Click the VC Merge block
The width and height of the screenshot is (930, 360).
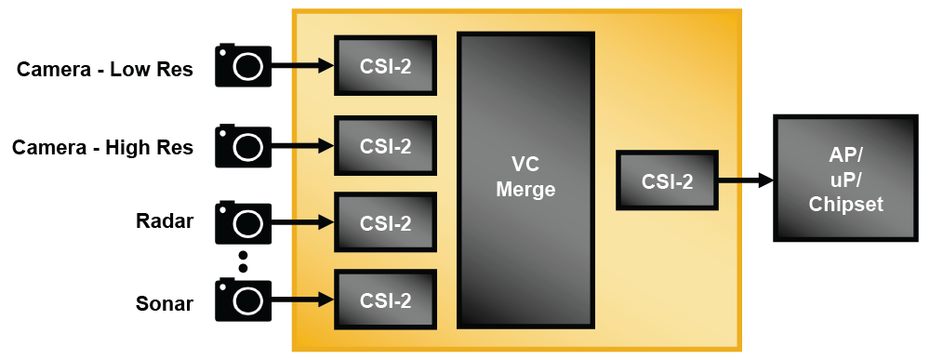click(x=525, y=179)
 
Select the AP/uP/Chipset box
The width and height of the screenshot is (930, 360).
click(x=844, y=179)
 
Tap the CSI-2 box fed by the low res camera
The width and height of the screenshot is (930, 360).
click(x=386, y=66)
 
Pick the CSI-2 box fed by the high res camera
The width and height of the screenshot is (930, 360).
click(x=386, y=146)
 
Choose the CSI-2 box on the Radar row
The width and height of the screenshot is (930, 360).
click(x=386, y=223)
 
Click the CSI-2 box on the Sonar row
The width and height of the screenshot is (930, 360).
click(x=386, y=300)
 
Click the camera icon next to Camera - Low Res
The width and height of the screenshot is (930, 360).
click(x=244, y=65)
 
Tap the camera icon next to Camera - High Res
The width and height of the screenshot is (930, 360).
click(x=244, y=146)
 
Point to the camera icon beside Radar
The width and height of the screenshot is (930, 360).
click(x=244, y=223)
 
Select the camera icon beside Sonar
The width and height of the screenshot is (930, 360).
click(x=244, y=300)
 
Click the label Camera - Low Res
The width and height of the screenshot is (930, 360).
click(x=105, y=69)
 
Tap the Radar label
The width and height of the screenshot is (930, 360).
click(x=165, y=221)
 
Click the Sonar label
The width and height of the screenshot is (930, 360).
click(x=164, y=303)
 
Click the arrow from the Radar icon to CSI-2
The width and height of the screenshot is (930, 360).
click(x=303, y=222)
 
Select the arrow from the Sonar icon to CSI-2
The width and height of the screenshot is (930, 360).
click(x=303, y=300)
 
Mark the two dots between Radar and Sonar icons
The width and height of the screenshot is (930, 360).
click(x=244, y=261)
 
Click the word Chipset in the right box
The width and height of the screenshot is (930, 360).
click(x=844, y=205)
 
